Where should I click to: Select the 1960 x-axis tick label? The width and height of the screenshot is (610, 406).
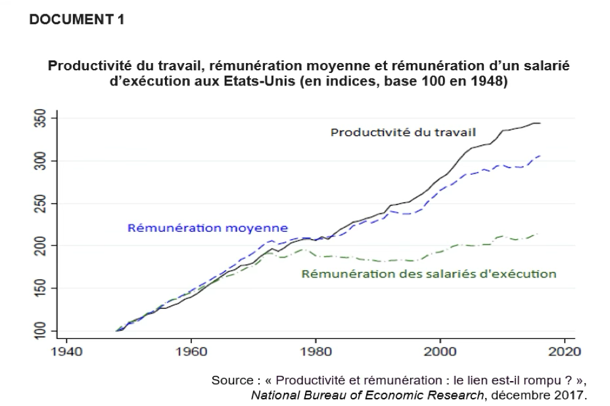tap(191, 351)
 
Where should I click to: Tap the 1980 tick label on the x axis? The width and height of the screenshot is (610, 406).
tap(316, 351)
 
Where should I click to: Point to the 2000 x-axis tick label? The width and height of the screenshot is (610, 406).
tap(440, 351)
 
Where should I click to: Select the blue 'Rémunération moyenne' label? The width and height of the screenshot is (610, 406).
tap(207, 229)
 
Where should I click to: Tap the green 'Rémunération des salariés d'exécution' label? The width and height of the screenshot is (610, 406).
tap(429, 274)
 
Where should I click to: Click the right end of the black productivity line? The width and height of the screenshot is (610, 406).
tap(540, 123)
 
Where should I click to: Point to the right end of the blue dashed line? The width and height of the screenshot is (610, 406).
tap(540, 156)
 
